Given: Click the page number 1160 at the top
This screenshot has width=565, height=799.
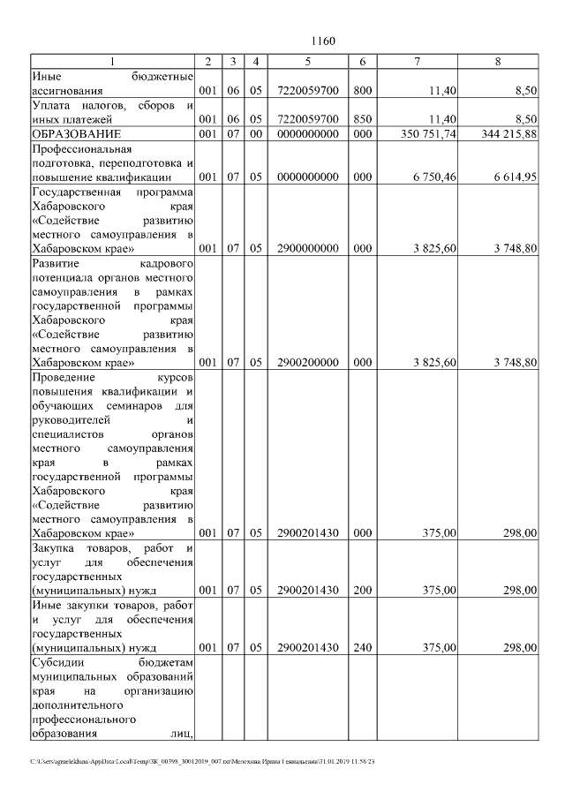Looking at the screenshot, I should click(x=324, y=41).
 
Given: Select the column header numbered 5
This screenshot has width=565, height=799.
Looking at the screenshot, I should click(x=307, y=61).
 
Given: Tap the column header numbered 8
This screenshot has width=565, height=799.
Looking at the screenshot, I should click(x=498, y=61).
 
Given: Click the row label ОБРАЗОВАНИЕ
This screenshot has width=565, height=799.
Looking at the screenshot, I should click(x=72, y=133).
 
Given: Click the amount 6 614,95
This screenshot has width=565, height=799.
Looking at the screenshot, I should click(x=514, y=177).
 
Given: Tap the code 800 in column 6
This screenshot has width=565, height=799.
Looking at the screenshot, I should click(x=362, y=90).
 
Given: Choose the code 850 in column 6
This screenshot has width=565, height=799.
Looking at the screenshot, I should click(x=362, y=119).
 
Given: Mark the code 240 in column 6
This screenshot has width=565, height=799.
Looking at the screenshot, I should click(x=362, y=647).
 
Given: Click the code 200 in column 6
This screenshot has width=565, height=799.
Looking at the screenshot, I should click(x=362, y=590).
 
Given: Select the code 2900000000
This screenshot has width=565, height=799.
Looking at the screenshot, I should click(x=307, y=249).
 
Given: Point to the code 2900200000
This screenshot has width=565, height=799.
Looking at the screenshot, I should click(x=307, y=363).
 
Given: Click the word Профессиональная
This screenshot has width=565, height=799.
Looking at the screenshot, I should click(x=76, y=148).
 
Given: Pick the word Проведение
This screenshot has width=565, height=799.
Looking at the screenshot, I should click(x=61, y=377).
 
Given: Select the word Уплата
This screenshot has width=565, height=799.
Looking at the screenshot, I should click(x=49, y=105).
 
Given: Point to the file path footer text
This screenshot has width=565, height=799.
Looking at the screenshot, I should click(x=204, y=761).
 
